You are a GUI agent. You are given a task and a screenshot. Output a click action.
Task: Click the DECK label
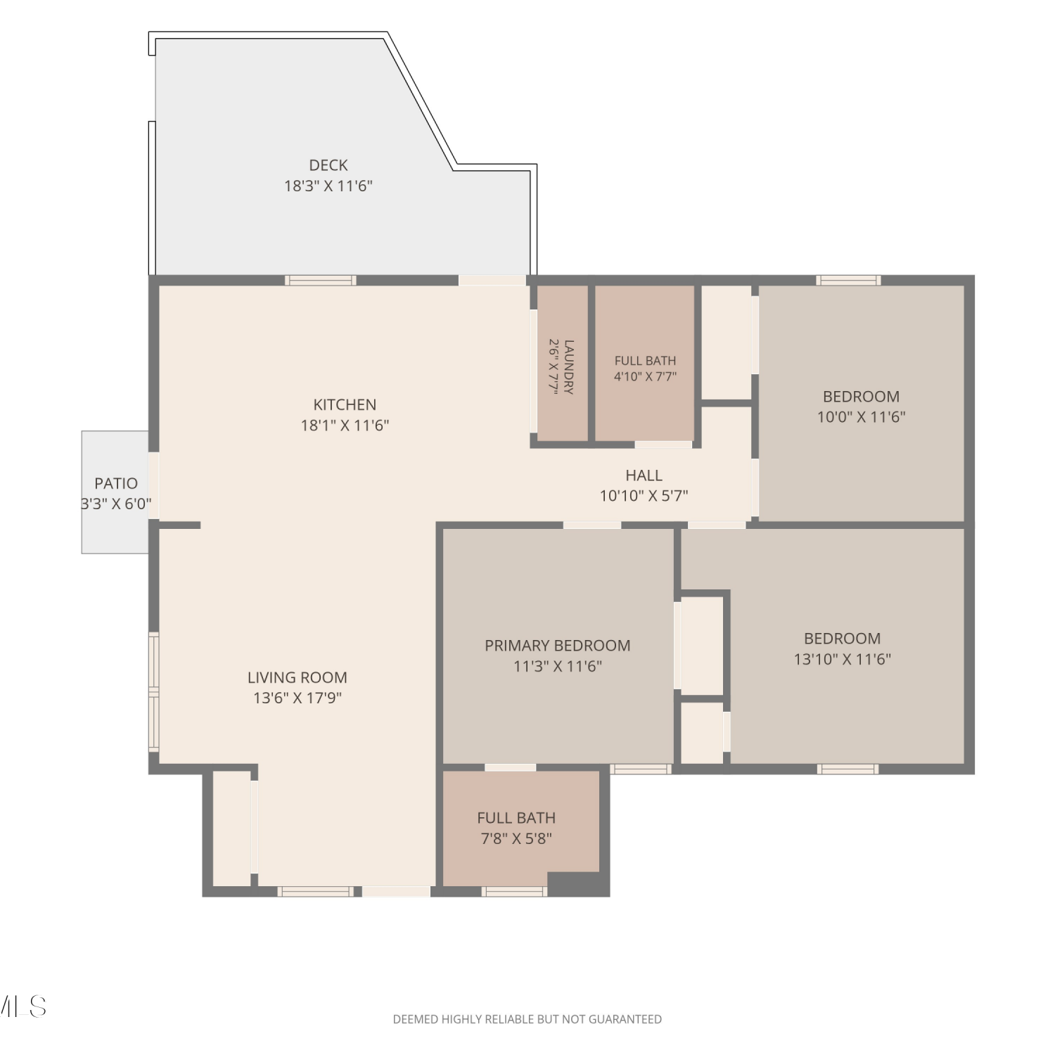tap(328, 165)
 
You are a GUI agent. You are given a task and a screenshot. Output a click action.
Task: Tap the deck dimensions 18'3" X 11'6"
tap(328, 186)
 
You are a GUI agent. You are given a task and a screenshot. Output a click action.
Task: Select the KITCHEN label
tap(345, 404)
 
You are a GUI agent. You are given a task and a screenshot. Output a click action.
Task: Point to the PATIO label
tap(116, 483)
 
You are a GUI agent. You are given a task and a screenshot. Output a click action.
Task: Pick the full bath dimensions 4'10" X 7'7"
tap(645, 376)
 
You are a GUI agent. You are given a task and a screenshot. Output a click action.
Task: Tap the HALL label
tap(644, 475)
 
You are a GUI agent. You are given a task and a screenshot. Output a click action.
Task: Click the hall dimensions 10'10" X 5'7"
tap(644, 496)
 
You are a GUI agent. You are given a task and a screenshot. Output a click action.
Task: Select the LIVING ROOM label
tap(298, 677)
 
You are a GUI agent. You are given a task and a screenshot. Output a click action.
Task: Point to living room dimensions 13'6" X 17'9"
tap(298, 698)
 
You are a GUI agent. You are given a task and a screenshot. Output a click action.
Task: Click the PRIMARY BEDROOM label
tap(558, 646)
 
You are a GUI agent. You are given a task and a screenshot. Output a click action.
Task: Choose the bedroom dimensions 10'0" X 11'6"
tap(862, 416)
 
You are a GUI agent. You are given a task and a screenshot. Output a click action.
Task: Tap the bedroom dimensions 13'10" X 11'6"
tap(843, 659)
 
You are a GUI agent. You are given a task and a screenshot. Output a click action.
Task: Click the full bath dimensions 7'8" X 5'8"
tap(516, 838)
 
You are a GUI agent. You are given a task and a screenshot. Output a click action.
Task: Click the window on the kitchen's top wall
tap(321, 280)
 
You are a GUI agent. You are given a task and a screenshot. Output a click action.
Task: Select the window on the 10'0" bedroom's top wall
tap(849, 280)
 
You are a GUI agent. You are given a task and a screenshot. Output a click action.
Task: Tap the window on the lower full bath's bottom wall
tap(515, 891)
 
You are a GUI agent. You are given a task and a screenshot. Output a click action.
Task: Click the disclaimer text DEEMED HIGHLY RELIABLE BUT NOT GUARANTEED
tap(527, 1019)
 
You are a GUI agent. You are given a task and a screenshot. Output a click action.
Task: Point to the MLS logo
tap(23, 1006)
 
